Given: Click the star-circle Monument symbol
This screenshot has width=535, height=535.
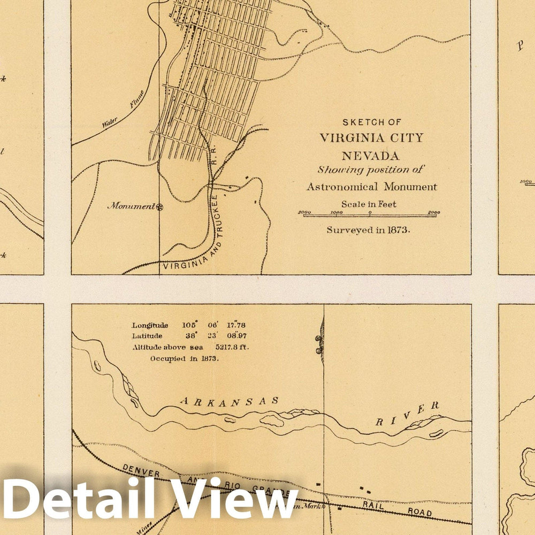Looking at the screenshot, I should tap(159, 205).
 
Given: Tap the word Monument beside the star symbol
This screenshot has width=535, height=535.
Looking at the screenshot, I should tap(131, 205).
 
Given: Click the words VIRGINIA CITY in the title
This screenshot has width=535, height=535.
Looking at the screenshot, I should tap(371, 138).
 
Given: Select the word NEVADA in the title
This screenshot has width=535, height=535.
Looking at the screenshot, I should tap(371, 156).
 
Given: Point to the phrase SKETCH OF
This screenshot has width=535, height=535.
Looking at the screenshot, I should tap(372, 122).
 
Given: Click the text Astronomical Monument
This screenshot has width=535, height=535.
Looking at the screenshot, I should tap(371, 187).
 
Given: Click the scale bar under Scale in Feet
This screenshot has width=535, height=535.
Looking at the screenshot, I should tap(369, 215).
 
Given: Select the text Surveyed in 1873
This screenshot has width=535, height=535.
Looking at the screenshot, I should tap(369, 230).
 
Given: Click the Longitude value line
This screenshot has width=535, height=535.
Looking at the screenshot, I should tap(189, 325).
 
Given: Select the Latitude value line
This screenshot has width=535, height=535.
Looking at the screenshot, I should tap(189, 336).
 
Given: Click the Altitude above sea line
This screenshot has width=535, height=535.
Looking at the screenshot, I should tap(190, 347).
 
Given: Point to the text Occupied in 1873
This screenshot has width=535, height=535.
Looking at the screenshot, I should tap(184, 358).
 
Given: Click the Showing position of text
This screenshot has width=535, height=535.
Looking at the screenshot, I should tap(370, 170).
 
